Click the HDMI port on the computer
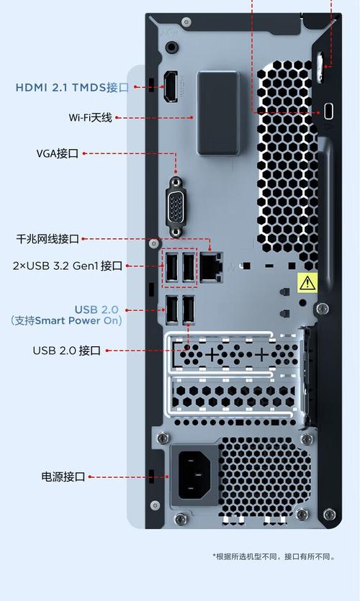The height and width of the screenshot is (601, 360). (x=172, y=87)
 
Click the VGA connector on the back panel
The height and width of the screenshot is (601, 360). (x=175, y=209)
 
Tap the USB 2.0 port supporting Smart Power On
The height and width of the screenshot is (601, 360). (x=172, y=310)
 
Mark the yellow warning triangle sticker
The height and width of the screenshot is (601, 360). (x=307, y=282)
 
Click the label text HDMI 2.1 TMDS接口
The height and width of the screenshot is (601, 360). (x=71, y=88)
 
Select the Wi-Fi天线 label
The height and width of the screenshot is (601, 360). (x=90, y=117)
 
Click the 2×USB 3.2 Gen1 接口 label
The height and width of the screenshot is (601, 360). (x=68, y=266)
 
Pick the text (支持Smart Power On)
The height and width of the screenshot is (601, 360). (x=66, y=321)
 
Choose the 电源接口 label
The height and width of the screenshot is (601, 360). (x=63, y=476)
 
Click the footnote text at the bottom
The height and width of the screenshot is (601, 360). (x=274, y=556)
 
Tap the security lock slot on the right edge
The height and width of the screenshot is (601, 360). (x=328, y=111)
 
